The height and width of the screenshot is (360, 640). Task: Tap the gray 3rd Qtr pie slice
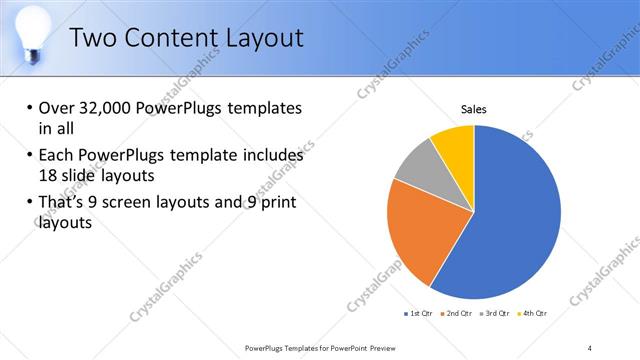(x=417, y=164)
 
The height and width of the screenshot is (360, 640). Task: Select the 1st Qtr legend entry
(x=419, y=313)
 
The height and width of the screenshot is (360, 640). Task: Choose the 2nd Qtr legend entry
(x=459, y=313)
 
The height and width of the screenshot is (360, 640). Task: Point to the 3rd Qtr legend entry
(x=499, y=313)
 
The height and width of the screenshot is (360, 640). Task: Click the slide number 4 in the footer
(x=591, y=347)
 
